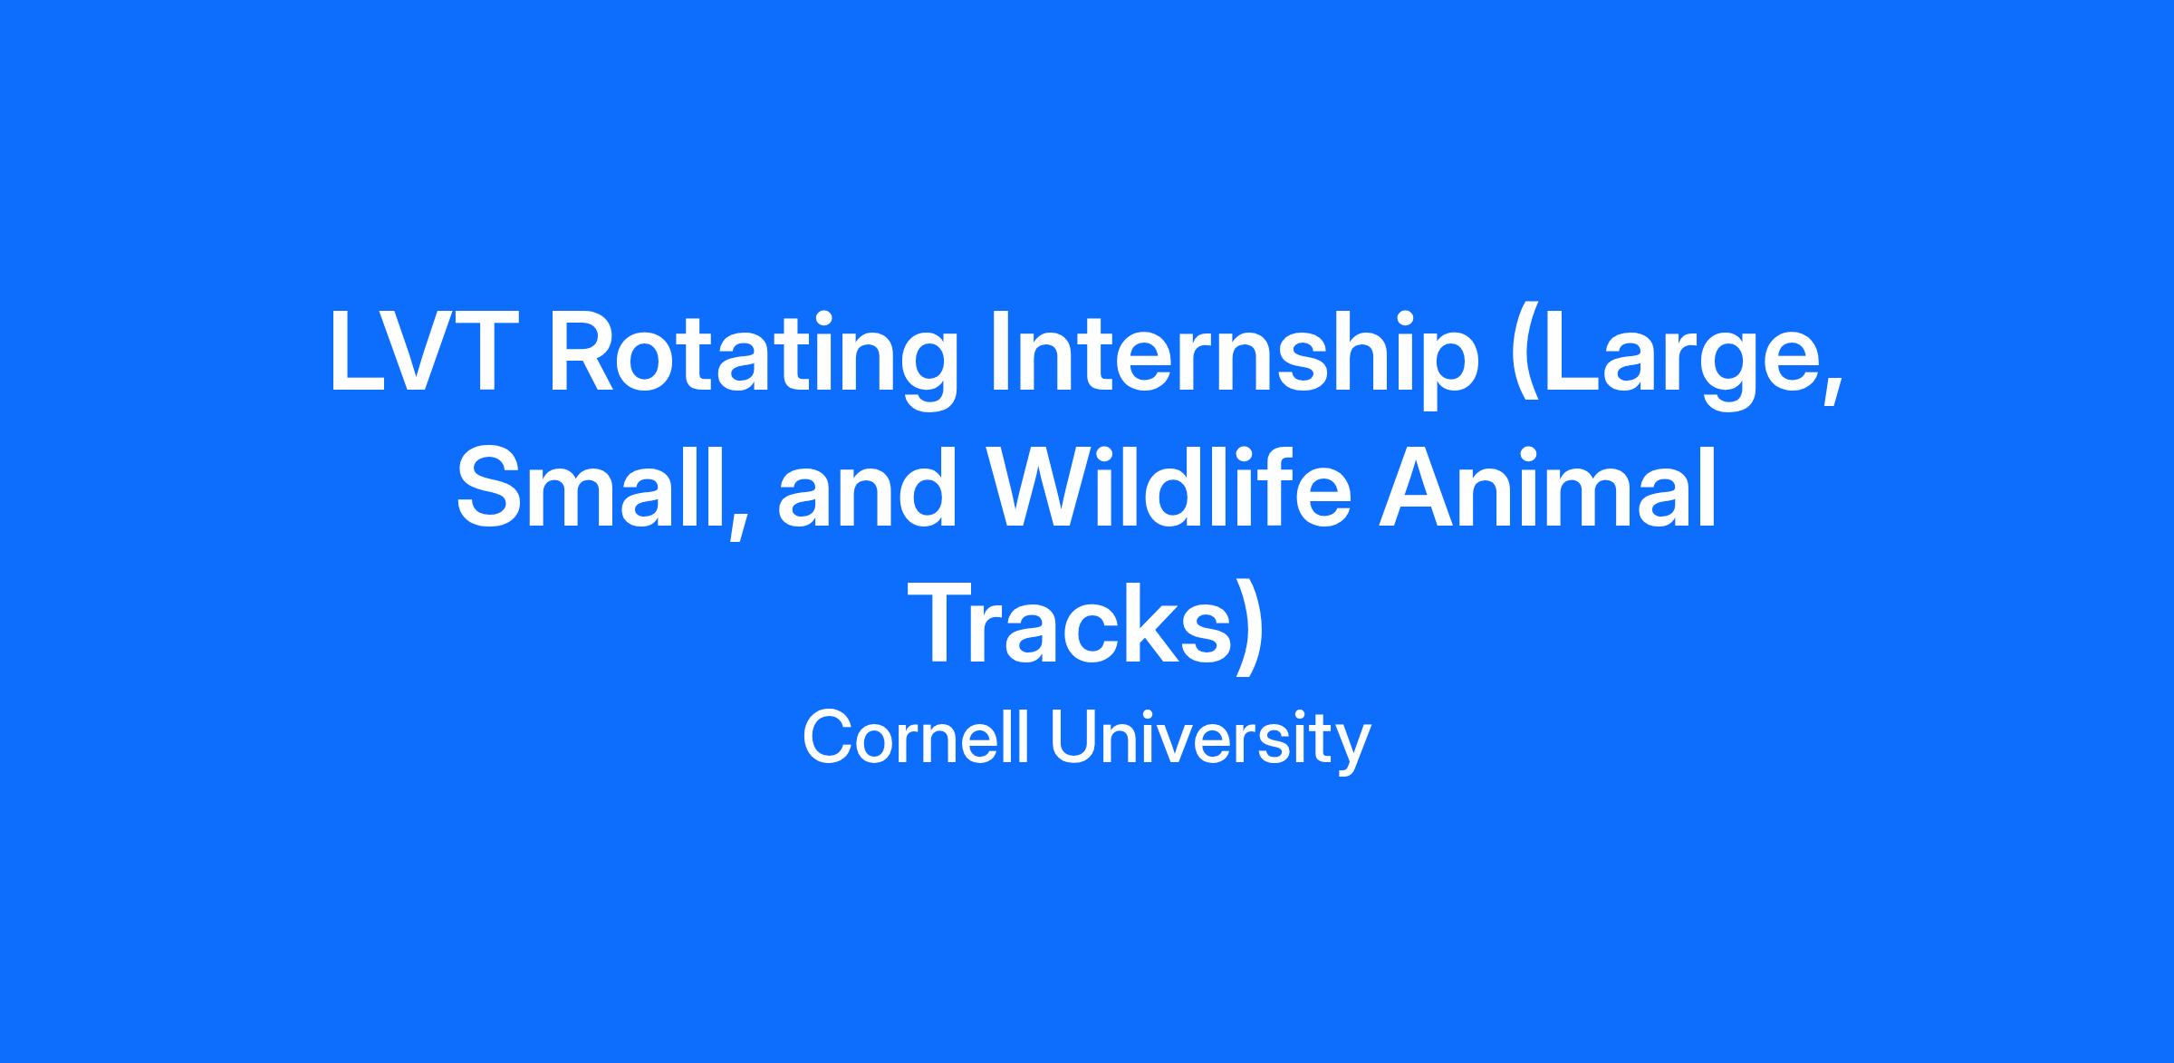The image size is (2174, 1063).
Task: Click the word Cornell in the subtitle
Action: [x=917, y=739]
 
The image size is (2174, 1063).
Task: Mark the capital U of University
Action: [x=1071, y=739]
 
